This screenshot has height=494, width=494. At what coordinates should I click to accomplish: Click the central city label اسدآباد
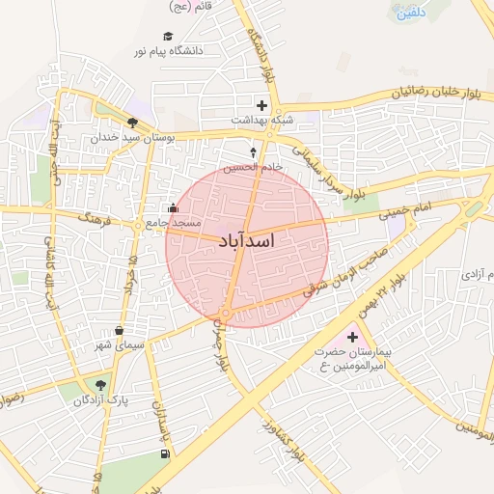point(247,241)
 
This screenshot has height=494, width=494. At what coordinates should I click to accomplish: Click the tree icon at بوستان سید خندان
point(131,123)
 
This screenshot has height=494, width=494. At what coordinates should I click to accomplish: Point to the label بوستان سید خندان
point(134,138)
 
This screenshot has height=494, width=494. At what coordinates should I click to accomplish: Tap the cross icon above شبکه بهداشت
point(261,104)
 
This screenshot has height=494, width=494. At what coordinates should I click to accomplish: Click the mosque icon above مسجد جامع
point(173,206)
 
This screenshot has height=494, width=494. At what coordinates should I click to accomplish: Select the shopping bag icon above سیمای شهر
point(119,330)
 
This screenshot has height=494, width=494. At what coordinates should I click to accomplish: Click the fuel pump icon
point(166,453)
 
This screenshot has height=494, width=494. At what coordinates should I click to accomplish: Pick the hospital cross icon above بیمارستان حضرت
point(352,338)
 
